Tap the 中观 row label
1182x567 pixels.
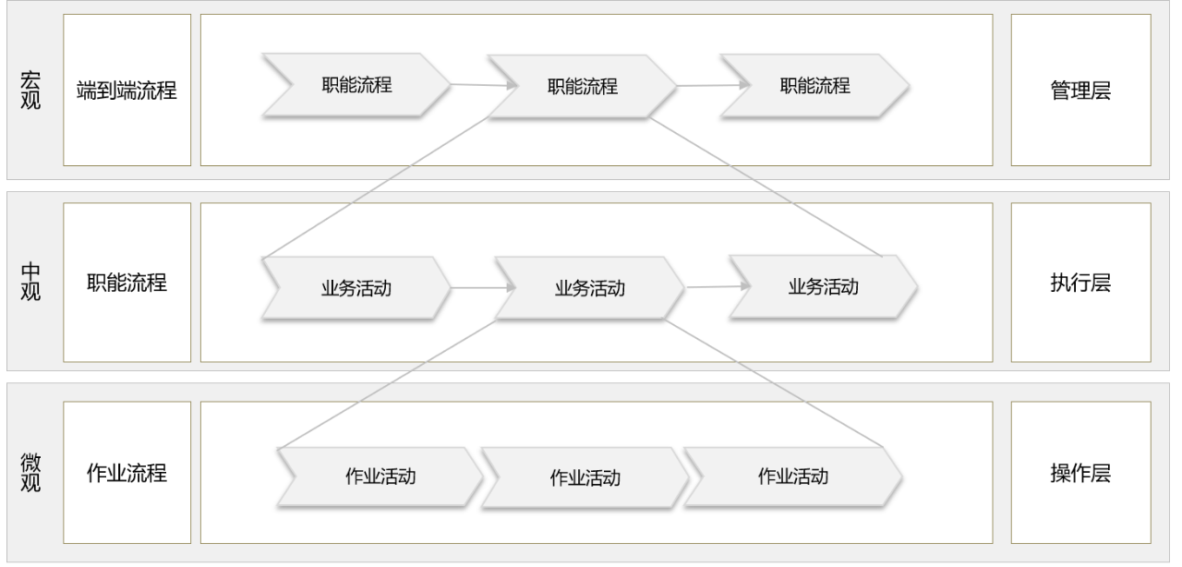tap(30, 283)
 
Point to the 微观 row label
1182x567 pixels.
tap(30, 473)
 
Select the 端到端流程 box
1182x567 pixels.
tap(127, 90)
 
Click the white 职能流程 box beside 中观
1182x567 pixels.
tap(127, 283)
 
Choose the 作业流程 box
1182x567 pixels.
tap(127, 473)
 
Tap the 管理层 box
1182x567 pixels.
tap(1080, 90)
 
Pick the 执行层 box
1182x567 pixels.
tap(1080, 283)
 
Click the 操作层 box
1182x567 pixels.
tap(1080, 473)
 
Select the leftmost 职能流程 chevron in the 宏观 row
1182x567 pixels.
tap(356, 85)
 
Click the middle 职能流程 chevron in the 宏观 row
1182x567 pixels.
tap(582, 88)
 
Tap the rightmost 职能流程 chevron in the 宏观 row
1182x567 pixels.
tap(814, 85)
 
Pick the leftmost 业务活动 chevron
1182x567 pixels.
tap(356, 287)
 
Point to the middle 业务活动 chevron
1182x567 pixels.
tap(589, 288)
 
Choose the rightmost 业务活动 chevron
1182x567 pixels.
tap(823, 286)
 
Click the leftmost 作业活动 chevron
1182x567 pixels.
tap(379, 477)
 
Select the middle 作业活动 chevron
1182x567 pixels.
tap(585, 478)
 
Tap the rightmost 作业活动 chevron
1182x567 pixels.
tap(792, 477)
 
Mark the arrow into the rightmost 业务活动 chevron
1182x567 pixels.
tap(717, 286)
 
